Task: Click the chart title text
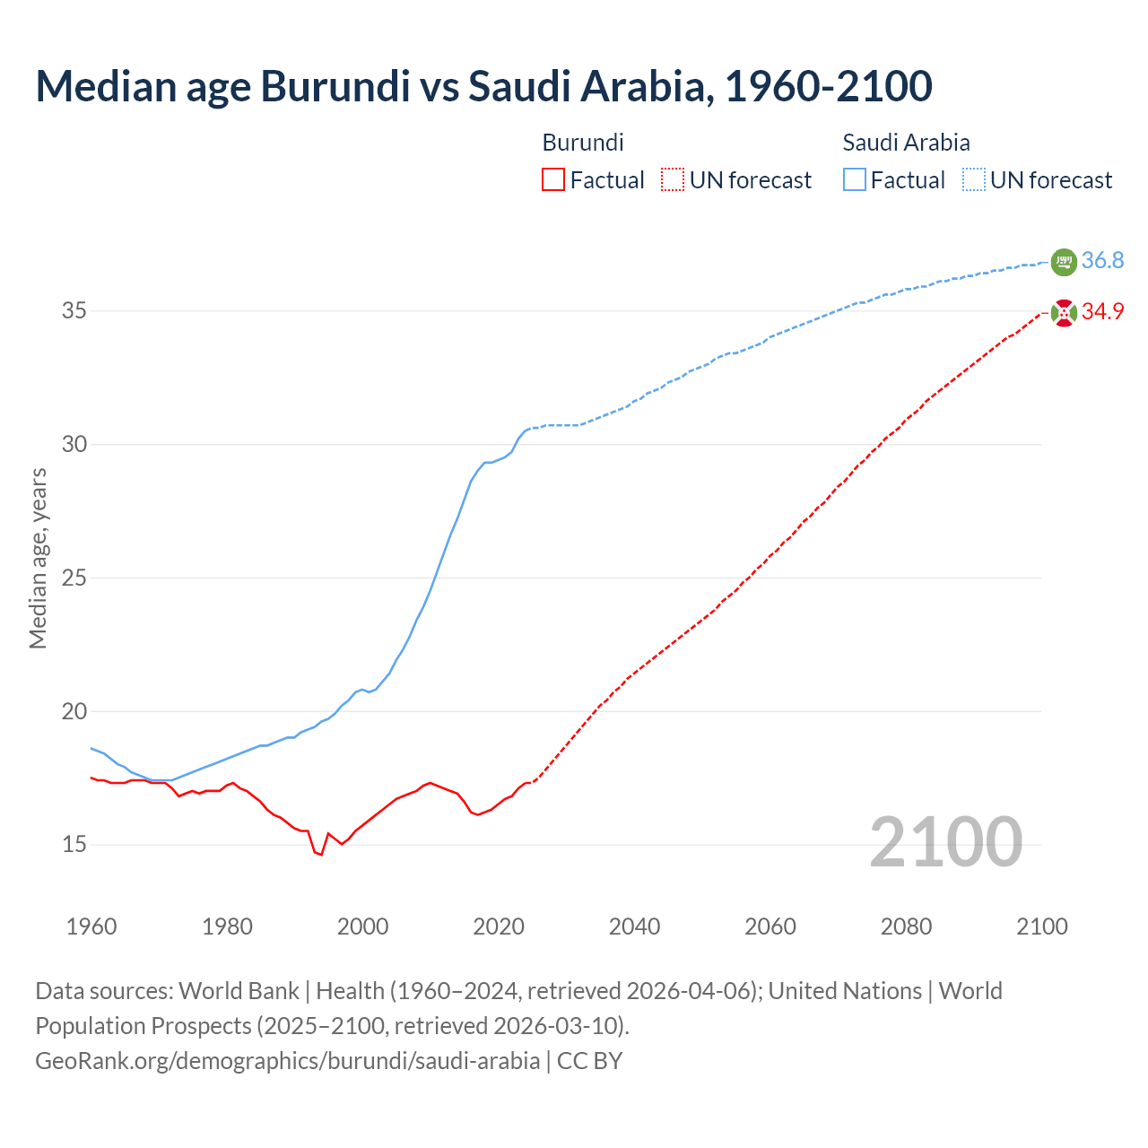pos(483,86)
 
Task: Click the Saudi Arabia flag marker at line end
pos(1063,262)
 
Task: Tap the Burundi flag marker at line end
pos(1063,313)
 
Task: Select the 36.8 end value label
pos(1102,261)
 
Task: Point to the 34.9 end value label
pos(1102,312)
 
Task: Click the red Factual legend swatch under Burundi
pos(553,179)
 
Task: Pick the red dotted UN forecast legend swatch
pos(673,179)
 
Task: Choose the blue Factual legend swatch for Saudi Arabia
pos(854,179)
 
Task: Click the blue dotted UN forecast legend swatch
pos(973,179)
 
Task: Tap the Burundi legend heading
pos(583,143)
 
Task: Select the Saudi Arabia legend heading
pos(906,143)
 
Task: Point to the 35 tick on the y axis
pos(74,311)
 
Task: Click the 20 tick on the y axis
pos(74,711)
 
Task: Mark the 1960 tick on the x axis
pos(91,926)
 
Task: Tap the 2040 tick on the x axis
pos(634,926)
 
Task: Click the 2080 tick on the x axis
pos(906,926)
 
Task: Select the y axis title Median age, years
pos(38,557)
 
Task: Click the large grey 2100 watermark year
pos(945,841)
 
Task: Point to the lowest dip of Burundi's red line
pos(320,855)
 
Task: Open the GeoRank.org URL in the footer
pos(287,1060)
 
